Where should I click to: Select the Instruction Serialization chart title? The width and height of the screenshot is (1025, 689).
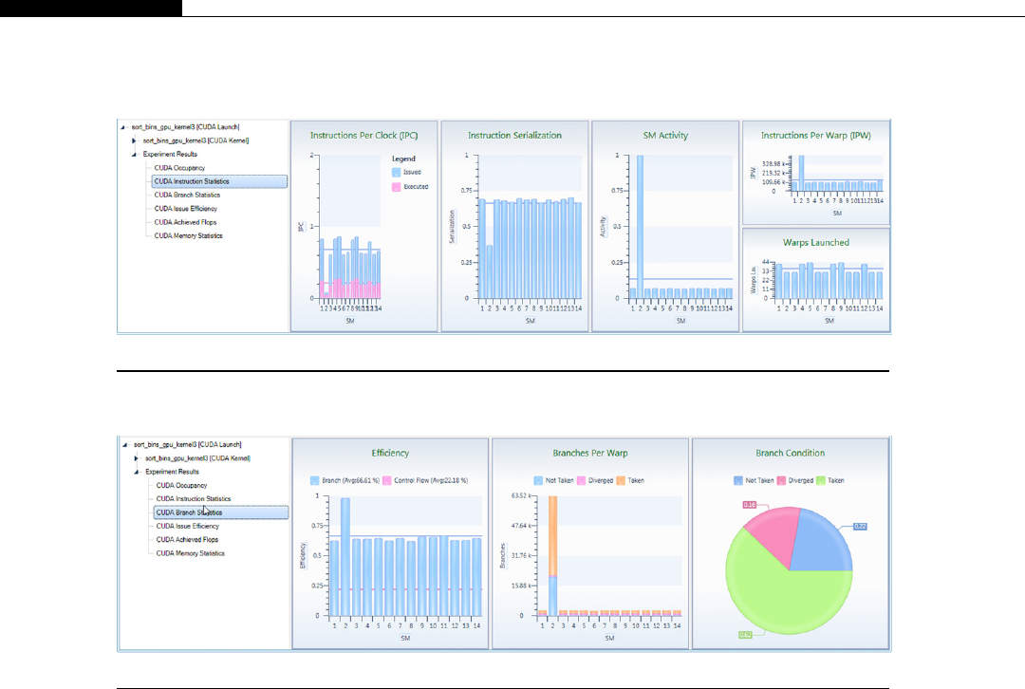(x=514, y=135)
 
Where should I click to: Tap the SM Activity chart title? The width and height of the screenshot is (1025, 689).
(x=665, y=135)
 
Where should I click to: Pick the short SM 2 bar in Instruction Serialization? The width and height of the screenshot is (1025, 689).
(x=490, y=271)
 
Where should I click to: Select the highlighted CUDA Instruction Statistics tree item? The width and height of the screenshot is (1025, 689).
(x=193, y=181)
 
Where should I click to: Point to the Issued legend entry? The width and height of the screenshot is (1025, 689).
(x=411, y=172)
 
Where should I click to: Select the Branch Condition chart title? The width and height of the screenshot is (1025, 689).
(x=790, y=453)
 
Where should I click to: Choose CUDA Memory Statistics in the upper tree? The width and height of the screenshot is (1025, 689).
(x=189, y=235)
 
